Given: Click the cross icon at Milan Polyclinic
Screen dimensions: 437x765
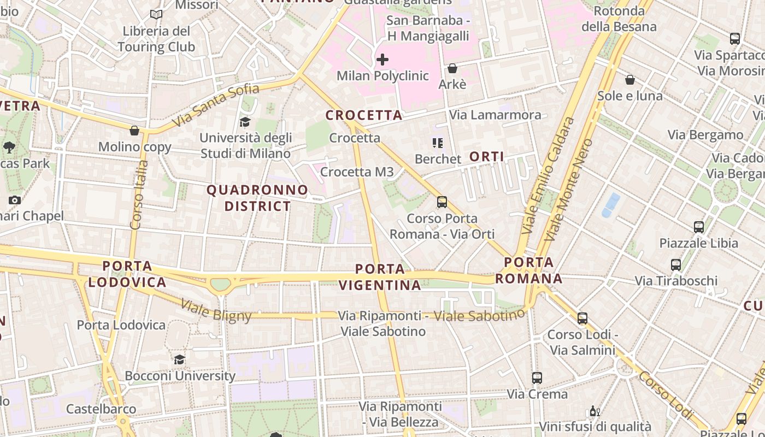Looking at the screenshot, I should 382,59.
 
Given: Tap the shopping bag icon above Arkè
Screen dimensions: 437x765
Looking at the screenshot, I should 452,68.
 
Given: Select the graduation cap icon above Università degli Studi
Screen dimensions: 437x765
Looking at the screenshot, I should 245,122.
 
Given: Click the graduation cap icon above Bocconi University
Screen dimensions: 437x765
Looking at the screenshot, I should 179,359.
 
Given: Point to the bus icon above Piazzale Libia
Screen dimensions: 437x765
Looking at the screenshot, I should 698,227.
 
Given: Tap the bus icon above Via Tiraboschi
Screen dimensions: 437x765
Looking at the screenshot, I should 676,265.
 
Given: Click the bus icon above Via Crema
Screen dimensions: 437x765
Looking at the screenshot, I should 537,377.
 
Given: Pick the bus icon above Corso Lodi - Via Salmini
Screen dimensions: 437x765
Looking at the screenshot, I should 582,318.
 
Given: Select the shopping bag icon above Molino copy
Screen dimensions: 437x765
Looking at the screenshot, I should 134,131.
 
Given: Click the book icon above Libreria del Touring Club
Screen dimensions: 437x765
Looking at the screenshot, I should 156,15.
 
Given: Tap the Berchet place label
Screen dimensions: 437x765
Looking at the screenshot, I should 438,159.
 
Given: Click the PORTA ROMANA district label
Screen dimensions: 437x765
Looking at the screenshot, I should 528,270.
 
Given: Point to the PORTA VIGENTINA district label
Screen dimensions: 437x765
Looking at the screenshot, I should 380,277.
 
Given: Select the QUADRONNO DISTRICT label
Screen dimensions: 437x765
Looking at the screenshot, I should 257,198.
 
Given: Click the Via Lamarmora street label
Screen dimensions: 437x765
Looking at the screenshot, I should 495,115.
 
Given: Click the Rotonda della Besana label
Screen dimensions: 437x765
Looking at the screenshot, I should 619,19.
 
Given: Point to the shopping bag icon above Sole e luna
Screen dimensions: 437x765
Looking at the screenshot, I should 630,80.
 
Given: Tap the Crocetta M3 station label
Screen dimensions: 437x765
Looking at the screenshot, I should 357,172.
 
